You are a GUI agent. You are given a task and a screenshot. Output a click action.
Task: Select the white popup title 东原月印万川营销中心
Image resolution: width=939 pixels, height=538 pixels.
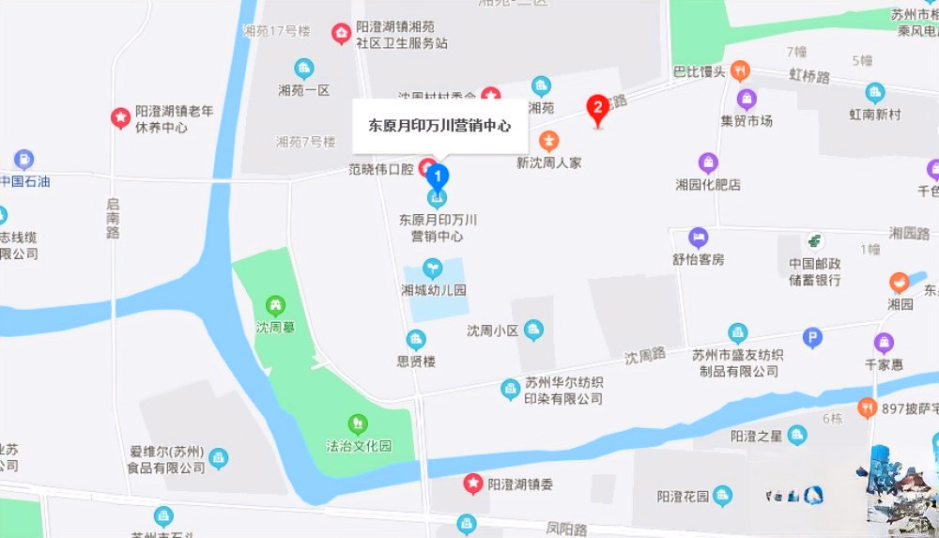(x=439, y=125)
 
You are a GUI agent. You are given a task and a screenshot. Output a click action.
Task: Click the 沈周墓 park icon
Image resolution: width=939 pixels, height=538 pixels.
(x=275, y=305)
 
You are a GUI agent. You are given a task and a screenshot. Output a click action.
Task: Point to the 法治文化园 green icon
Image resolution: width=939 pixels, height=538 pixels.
(x=358, y=423)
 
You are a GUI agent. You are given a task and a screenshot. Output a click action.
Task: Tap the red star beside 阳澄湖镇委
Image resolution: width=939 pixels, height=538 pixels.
(x=473, y=484)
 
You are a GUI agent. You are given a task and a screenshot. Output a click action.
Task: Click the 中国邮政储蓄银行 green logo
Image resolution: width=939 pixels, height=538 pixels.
(x=814, y=241)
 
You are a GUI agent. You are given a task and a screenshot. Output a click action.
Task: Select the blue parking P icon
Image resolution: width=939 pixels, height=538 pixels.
(x=813, y=338)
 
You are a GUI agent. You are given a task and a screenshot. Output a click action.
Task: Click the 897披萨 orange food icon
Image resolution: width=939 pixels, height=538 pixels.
(x=868, y=408)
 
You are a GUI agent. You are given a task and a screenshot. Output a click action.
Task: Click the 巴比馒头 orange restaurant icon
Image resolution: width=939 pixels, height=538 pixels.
(x=740, y=70)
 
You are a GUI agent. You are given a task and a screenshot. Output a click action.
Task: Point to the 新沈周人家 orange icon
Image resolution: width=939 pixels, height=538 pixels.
(x=549, y=142)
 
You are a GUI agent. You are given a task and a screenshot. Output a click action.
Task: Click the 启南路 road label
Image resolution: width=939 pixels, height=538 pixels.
(x=113, y=218)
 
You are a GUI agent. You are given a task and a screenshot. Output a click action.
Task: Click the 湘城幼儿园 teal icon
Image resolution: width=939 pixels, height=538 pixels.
(x=432, y=269)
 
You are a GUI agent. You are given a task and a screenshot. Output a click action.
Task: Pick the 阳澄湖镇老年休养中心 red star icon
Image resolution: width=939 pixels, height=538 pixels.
(x=120, y=117)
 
